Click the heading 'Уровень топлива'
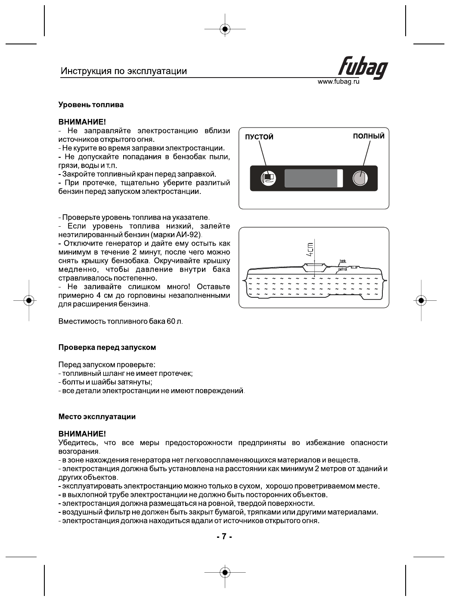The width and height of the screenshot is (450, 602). pyautogui.click(x=91, y=105)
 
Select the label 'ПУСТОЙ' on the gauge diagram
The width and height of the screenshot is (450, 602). pyautogui.click(x=259, y=137)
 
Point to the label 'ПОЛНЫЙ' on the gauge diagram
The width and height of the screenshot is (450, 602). pyautogui.click(x=369, y=136)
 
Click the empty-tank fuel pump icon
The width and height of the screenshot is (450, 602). pyautogui.click(x=268, y=178)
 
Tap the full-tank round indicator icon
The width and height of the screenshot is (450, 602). pyautogui.click(x=360, y=178)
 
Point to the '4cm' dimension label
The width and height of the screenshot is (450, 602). pyautogui.click(x=310, y=249)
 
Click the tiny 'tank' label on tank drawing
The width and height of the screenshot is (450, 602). pyautogui.click(x=343, y=261)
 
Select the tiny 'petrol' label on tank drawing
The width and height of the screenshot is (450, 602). pyautogui.click(x=342, y=269)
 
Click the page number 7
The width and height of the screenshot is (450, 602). pyautogui.click(x=224, y=536)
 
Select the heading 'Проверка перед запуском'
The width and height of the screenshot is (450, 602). pyautogui.click(x=107, y=347)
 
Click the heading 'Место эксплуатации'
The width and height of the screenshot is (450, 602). pyautogui.click(x=97, y=417)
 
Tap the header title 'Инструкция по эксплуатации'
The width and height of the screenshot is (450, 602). pyautogui.click(x=124, y=71)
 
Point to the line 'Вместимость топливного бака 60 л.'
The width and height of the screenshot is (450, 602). pyautogui.click(x=121, y=321)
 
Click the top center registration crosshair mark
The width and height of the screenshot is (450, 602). pyautogui.click(x=225, y=29)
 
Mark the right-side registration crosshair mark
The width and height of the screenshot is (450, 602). pyautogui.click(x=421, y=300)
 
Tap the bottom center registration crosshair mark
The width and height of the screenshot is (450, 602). pyautogui.click(x=225, y=572)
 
